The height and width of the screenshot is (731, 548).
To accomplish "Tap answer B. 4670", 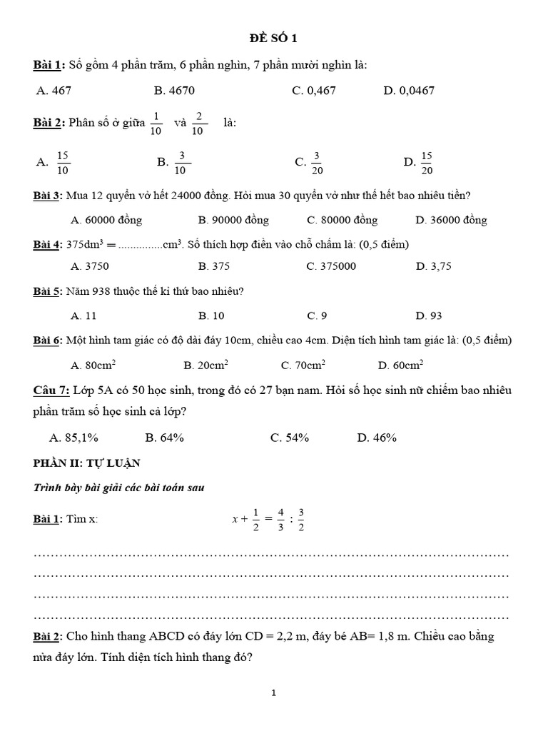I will point(174,91).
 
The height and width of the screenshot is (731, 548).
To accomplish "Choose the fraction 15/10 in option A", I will point(63,163).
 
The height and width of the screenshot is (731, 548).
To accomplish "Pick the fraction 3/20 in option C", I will point(317,163).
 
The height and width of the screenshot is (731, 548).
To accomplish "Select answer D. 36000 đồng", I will point(451,220).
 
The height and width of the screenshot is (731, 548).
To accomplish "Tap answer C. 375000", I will point(331,266).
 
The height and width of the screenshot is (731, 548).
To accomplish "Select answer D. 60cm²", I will point(400,365).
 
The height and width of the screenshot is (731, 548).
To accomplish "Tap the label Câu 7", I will point(51,390).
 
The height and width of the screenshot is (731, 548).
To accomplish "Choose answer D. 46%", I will point(377,438).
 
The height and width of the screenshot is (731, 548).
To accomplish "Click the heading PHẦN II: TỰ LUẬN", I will point(86,463).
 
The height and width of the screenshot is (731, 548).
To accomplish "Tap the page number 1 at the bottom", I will point(274,692).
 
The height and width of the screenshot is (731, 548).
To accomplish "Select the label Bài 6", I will point(47,341).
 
